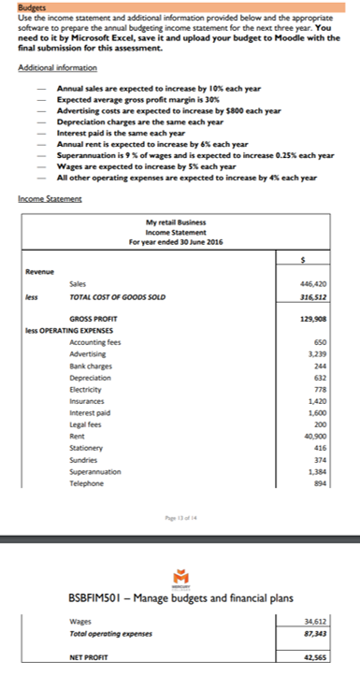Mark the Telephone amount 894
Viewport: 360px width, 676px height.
[326, 484]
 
